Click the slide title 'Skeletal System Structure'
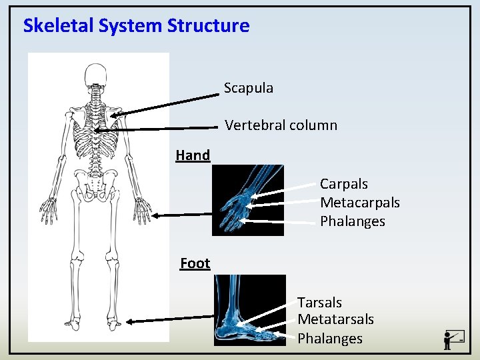pyautogui.click(x=136, y=26)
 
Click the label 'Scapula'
pyautogui.click(x=248, y=88)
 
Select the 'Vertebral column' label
pyautogui.click(x=281, y=125)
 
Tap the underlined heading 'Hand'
pyautogui.click(x=193, y=155)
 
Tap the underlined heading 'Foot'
pyautogui.click(x=195, y=263)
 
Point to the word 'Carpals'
pyautogui.click(x=343, y=184)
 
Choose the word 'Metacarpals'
pyautogui.click(x=359, y=203)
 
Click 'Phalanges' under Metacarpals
pyautogui.click(x=352, y=221)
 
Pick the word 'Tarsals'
pyautogui.click(x=319, y=303)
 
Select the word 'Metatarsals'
pyautogui.click(x=335, y=320)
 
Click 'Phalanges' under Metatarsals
pyautogui.click(x=329, y=339)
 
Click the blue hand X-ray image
pyautogui.click(x=247, y=200)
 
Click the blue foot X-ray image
pyautogui.click(x=249, y=310)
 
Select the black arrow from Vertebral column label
pyautogui.click(x=157, y=129)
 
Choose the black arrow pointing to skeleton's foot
pyautogui.click(x=169, y=321)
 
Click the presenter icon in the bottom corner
pyautogui.click(x=454, y=339)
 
